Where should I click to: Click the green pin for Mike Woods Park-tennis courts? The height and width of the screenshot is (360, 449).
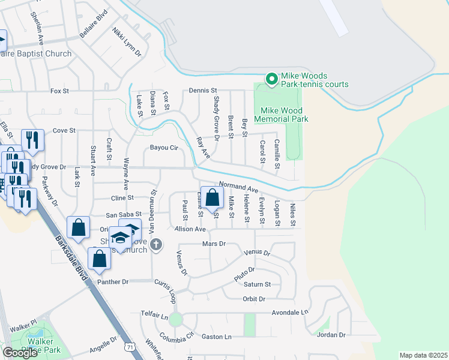271,79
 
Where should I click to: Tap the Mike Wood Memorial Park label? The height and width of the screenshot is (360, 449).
284,115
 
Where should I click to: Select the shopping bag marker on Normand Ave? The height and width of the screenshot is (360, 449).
212,197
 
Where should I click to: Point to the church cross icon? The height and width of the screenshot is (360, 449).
156,244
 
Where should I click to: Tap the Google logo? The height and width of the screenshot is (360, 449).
20,353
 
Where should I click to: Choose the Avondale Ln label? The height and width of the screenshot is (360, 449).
289,313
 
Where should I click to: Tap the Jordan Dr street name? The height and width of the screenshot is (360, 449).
331,335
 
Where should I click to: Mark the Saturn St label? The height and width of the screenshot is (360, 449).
259,284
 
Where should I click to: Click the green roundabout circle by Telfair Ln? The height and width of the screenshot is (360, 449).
175,319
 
